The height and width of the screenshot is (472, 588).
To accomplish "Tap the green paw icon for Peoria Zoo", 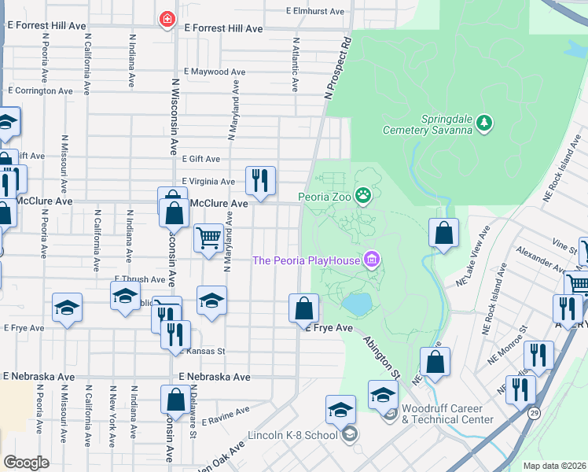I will tap(363, 195).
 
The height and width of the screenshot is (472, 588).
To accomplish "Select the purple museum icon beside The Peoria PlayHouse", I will tap(373, 260).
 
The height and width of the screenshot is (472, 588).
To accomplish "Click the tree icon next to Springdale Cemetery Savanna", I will tap(486, 122).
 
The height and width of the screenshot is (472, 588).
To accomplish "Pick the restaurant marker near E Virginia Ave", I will tap(260, 181).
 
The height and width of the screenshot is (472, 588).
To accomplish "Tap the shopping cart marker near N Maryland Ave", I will tap(208, 238).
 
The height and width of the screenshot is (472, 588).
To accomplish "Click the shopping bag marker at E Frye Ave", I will tap(303, 308).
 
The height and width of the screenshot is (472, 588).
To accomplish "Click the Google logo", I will tap(26, 462).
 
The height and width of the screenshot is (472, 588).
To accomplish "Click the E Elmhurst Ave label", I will tap(315, 12).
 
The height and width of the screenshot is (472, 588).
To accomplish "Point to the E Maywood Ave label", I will tap(215, 72).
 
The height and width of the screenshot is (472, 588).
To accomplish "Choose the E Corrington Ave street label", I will tap(40, 90).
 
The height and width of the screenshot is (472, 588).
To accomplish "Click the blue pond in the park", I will tap(356, 304).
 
